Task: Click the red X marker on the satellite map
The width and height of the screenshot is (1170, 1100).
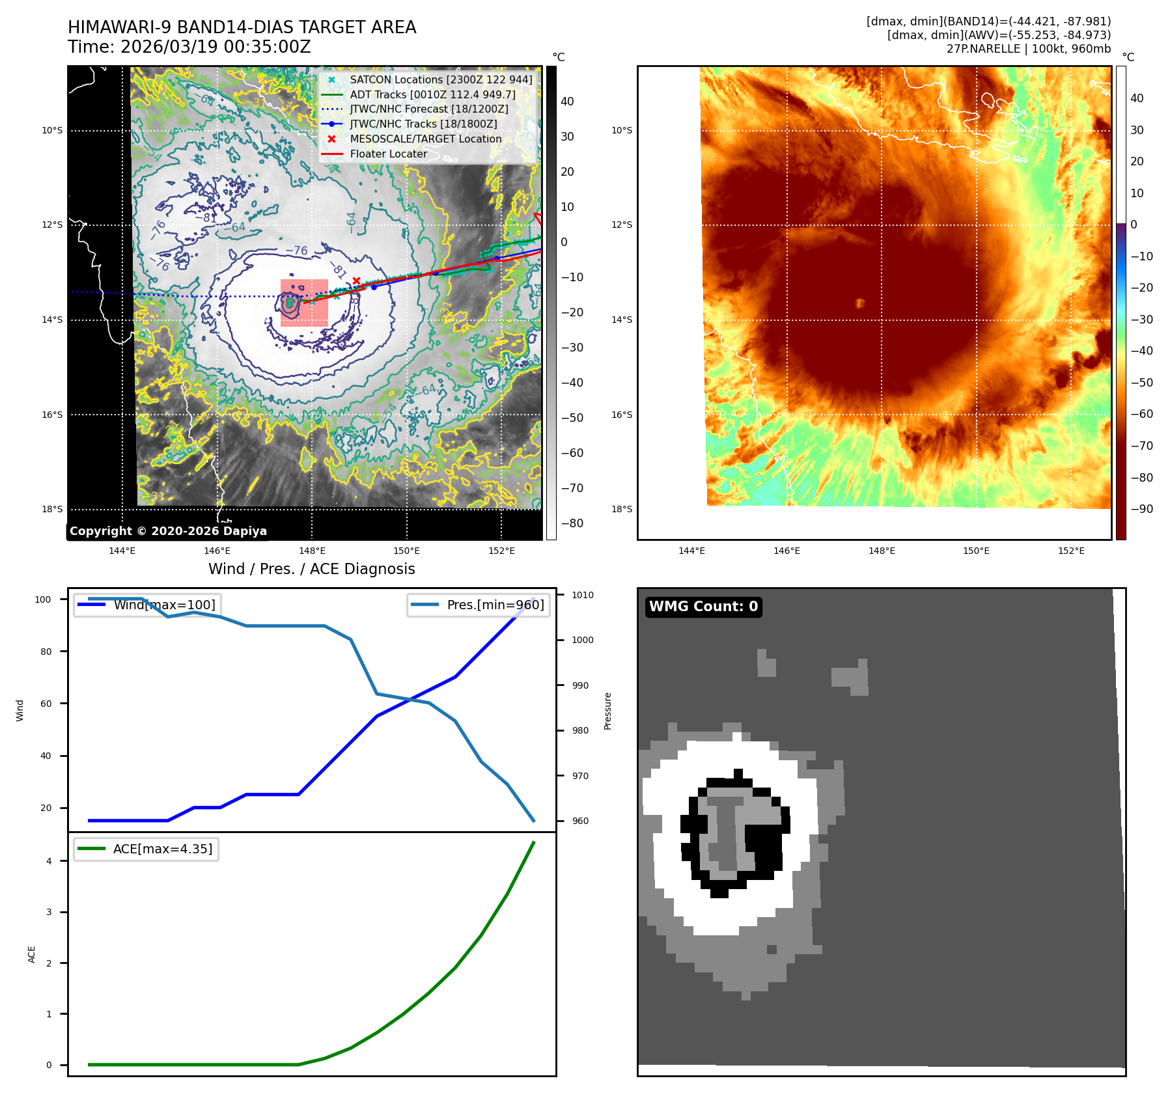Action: point(356,281)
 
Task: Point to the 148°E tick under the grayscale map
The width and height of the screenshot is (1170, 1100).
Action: point(312,551)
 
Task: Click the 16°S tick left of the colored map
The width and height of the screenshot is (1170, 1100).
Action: point(621,415)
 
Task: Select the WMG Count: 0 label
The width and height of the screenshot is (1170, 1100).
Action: point(703,607)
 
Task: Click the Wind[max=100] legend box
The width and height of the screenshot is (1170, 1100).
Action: point(146,605)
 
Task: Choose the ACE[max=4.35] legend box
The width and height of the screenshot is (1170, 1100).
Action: point(146,849)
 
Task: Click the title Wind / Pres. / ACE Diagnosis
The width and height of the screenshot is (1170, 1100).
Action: point(311,569)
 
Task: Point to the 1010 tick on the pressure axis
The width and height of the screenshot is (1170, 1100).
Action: point(583,595)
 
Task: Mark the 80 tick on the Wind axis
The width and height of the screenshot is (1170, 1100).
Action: point(46,652)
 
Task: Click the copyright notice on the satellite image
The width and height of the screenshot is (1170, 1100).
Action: point(168,531)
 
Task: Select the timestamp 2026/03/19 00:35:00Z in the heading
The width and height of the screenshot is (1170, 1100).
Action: point(216,48)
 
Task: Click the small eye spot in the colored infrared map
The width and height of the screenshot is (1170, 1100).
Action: point(859,303)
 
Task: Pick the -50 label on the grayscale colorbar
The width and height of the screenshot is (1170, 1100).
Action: point(572,418)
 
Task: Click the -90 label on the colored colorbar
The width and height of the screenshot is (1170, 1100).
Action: point(1141,509)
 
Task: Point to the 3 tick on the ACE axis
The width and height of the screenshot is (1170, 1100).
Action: point(49,912)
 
